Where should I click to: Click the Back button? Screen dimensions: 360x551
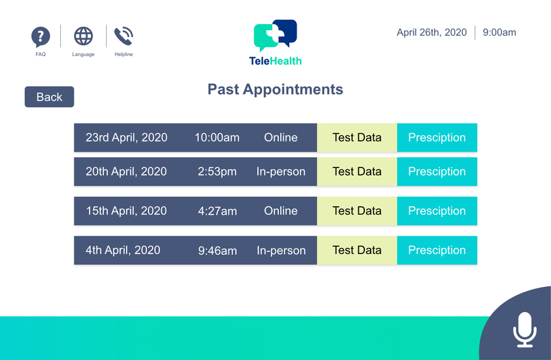49,97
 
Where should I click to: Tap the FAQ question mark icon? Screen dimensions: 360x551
41,37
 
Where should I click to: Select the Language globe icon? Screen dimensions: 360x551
83,36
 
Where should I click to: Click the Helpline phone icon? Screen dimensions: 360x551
124,36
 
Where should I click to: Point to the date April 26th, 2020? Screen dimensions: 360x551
431,32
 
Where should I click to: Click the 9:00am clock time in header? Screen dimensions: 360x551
499,32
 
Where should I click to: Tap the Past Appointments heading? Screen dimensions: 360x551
275,89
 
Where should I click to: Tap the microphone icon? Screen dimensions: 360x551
524,329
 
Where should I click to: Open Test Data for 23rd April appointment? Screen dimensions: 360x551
357,137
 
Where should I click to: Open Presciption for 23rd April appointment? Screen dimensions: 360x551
437,137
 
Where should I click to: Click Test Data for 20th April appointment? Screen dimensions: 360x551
357,171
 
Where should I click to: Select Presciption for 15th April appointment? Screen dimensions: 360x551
437,211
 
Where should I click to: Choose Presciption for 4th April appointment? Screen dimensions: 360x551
437,250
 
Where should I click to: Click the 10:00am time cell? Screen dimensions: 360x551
217,137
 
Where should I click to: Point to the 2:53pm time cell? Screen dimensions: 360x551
217,171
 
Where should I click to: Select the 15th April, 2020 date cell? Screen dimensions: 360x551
126,211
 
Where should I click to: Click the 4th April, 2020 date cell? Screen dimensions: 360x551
123,250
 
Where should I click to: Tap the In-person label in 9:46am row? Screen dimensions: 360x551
281,250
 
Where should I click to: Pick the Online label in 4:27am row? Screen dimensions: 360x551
281,211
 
